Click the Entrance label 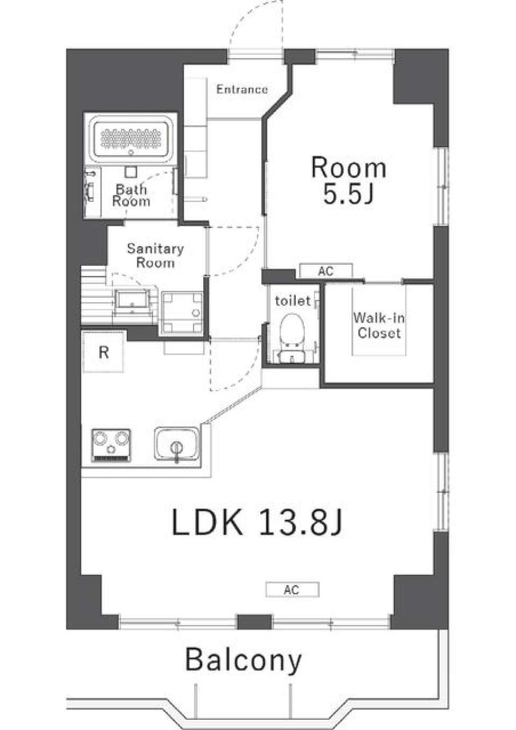point(242,90)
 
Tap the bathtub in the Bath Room point(131,139)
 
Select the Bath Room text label point(131,195)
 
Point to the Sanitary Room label point(155,255)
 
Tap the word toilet point(293,301)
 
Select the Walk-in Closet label point(379,325)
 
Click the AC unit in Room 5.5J point(326,271)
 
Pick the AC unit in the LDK point(292,590)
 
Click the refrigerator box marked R point(104,352)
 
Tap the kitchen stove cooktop point(111,444)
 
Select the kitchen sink point(176,444)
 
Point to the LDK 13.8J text point(257,522)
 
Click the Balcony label point(243,660)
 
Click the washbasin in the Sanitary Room point(132,302)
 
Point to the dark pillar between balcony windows point(254,622)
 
